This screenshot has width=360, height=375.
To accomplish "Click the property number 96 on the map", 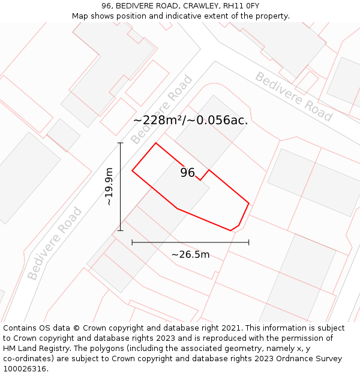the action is (188, 173).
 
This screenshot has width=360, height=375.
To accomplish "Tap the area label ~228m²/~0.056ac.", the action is (190, 120).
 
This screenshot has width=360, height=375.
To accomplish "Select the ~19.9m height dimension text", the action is (109, 187).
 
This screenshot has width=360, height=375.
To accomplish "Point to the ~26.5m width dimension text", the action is (190, 254).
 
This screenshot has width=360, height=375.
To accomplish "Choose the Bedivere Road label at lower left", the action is (55, 243).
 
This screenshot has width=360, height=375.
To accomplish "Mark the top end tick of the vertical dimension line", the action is (120, 143).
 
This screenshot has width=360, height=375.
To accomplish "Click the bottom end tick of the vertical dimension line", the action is (120, 230).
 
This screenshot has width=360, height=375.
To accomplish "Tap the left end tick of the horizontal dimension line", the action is (132, 242).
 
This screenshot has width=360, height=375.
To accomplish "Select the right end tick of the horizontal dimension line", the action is (248, 242).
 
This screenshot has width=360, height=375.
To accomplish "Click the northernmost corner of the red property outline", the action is (156, 143).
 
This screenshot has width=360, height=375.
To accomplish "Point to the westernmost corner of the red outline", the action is (132, 170).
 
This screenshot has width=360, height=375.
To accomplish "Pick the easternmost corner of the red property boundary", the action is (248, 203).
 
